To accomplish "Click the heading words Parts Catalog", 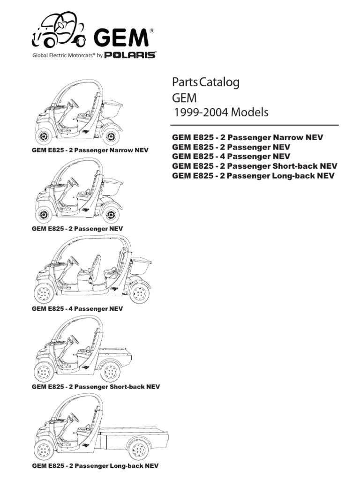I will [x=206, y=82].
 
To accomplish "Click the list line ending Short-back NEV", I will [x=255, y=166].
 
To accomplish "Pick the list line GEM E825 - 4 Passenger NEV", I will [x=231, y=156].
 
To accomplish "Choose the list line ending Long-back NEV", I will [x=254, y=176].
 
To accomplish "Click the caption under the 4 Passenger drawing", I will [x=77, y=308].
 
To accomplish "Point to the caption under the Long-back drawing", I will [x=95, y=466].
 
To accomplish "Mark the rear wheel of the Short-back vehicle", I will [x=111, y=373].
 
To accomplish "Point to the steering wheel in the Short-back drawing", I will [x=74, y=340].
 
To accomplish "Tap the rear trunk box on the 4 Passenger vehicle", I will [x=142, y=267].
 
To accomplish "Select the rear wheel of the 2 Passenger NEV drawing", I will [x=111, y=215].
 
